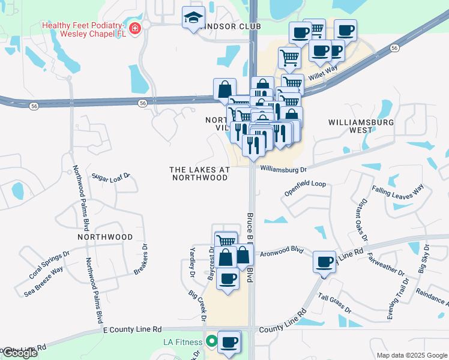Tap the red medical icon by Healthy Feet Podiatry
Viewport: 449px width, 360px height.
point(135,28)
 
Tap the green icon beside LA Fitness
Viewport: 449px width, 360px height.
point(211,342)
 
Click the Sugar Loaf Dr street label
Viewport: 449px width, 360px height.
point(111,176)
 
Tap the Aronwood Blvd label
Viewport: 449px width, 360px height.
point(282,252)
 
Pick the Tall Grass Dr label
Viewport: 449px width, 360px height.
point(335,303)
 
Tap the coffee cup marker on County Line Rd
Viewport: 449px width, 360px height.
point(325,262)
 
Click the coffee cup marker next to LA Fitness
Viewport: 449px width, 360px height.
point(229,342)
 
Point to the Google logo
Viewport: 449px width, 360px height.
point(20,353)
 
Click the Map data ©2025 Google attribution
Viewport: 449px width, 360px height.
point(412,355)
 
